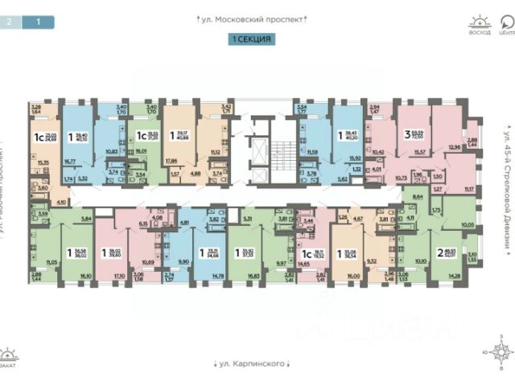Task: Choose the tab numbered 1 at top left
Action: point(37,23)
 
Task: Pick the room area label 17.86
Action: point(171,160)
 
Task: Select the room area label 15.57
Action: point(418,152)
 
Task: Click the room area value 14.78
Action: point(217,276)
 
